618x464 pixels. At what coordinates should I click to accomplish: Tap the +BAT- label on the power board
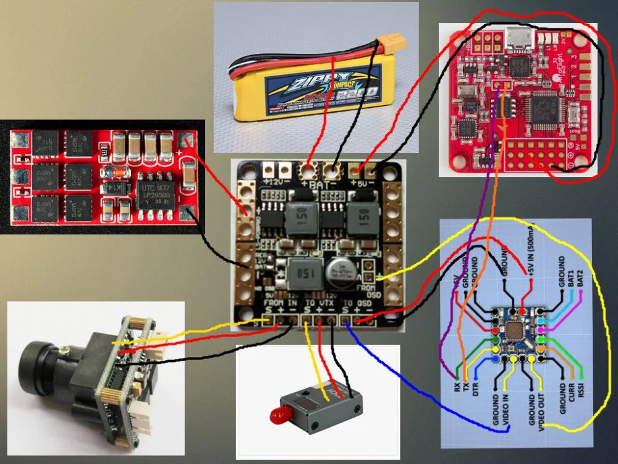coord(320,184)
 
